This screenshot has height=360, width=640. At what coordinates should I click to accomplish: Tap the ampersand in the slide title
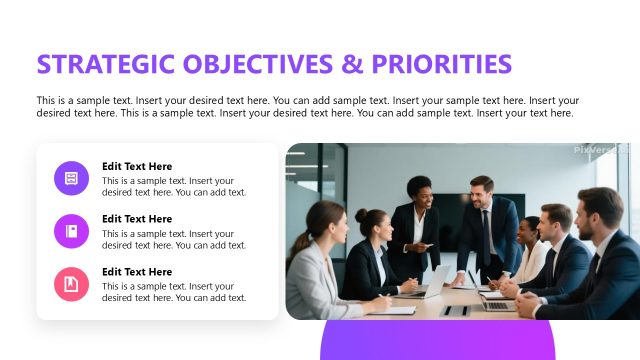point(350,65)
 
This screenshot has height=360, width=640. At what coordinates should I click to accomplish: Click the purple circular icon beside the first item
point(71,178)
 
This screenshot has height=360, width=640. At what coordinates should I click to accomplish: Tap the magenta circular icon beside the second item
point(71,231)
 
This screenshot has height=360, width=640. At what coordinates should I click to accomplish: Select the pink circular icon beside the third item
point(71,284)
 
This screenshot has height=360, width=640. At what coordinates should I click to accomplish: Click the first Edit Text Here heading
point(137,166)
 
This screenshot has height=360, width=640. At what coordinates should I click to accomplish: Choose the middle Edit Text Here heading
point(137,219)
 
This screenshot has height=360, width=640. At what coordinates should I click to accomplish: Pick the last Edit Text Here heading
point(137,272)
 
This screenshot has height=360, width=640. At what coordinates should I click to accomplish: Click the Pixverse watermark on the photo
point(600,150)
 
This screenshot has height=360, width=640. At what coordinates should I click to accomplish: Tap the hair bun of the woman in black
point(362,215)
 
